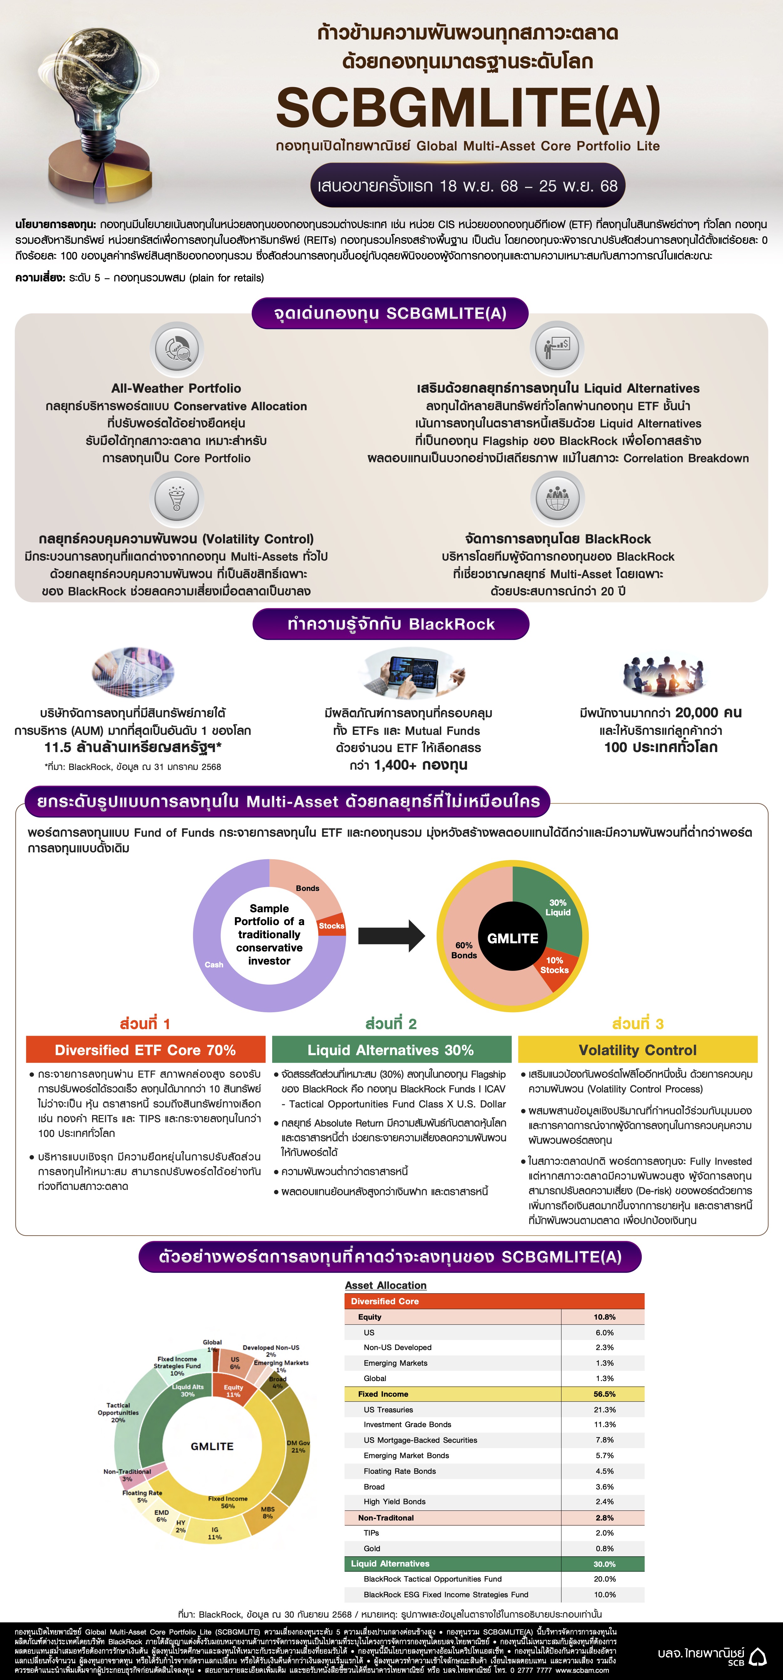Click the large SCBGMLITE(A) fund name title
click(x=468, y=107)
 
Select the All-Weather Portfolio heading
click(x=176, y=388)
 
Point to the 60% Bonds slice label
click(x=464, y=950)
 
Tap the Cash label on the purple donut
click(x=214, y=965)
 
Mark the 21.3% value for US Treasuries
click(x=604, y=1409)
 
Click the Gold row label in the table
click(x=372, y=1548)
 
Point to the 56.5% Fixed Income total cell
click(x=604, y=1394)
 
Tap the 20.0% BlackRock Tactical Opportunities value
click(x=604, y=1579)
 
